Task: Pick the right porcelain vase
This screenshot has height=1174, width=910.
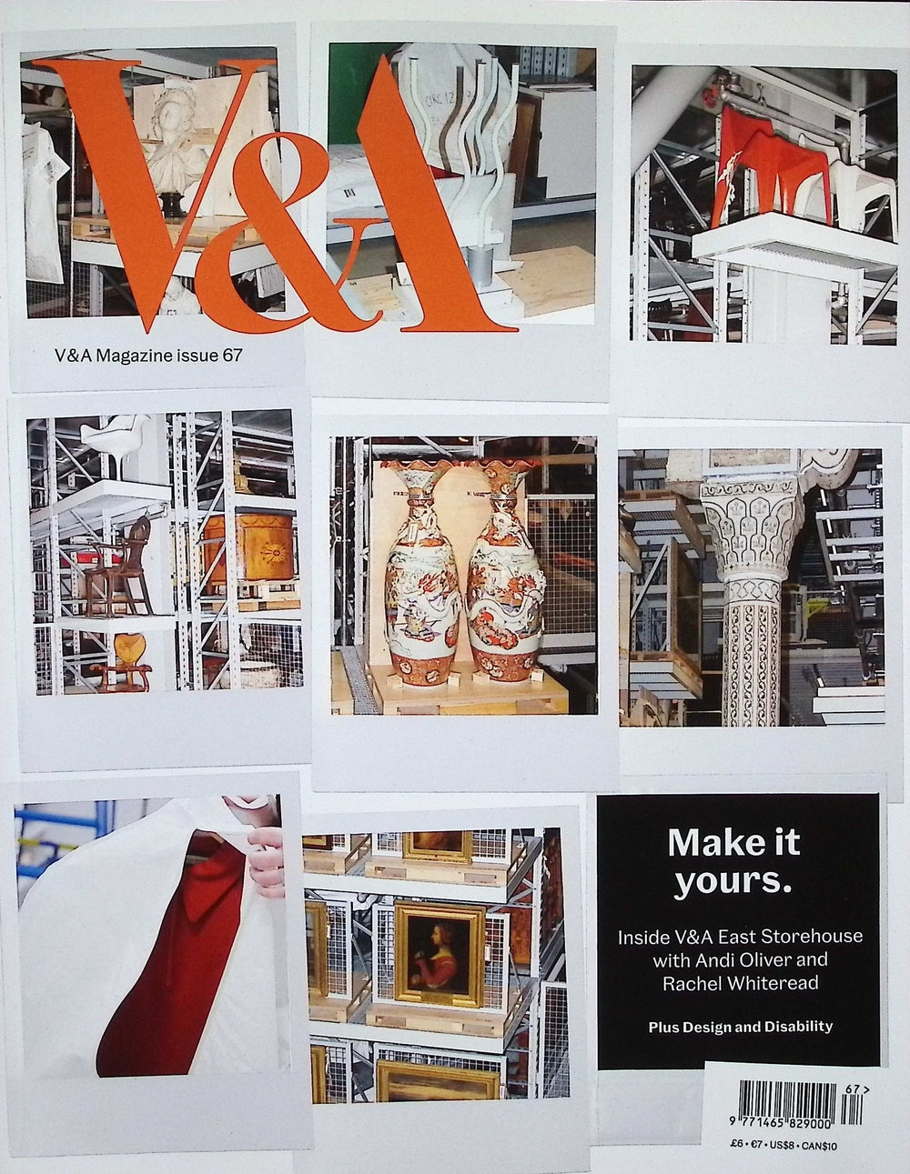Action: click(x=503, y=573)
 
